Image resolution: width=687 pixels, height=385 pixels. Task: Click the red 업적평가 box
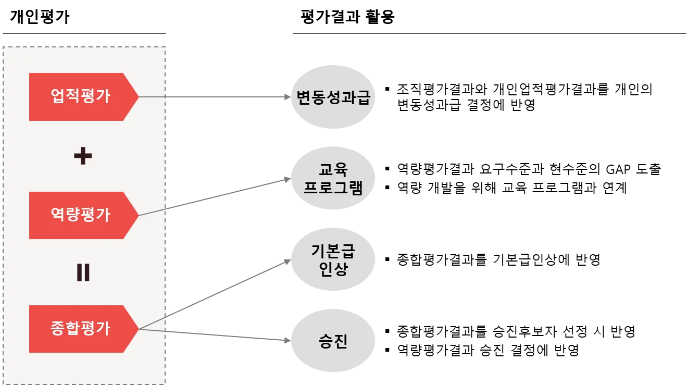[81, 97]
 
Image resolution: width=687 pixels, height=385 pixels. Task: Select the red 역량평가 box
[81, 215]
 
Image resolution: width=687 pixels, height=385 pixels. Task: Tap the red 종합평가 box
[81, 329]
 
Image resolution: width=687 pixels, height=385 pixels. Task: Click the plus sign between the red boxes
[83, 156]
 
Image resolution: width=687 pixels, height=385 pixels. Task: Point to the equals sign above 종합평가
[83, 272]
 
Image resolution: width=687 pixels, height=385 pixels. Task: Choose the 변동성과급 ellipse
[333, 97]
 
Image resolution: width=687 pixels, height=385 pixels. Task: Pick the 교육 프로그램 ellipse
[333, 179]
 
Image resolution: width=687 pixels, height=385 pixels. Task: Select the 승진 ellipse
[333, 342]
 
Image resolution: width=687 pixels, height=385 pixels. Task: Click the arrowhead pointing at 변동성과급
[286, 97]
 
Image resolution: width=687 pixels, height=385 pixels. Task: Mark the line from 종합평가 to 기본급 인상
[219, 291]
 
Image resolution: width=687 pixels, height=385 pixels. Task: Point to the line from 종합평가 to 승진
[219, 335]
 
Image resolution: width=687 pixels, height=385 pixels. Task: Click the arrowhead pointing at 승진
[286, 340]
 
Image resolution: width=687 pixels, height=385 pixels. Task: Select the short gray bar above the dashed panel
[83, 33]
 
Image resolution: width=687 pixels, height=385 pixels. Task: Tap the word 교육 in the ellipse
[333, 169]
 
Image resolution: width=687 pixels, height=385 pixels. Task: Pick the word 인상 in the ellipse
[333, 270]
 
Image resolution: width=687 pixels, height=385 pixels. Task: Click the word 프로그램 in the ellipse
[333, 188]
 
